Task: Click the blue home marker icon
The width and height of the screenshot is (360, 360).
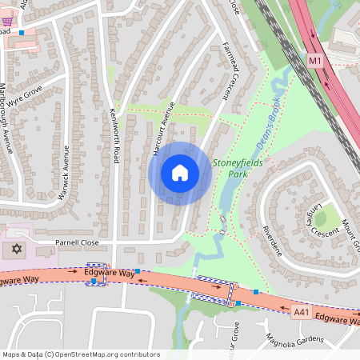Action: click(180, 172)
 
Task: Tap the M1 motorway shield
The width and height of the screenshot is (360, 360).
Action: click(315, 61)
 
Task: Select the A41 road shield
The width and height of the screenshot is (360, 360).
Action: click(301, 311)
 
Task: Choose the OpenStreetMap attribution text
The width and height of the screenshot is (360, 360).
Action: click(80, 354)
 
